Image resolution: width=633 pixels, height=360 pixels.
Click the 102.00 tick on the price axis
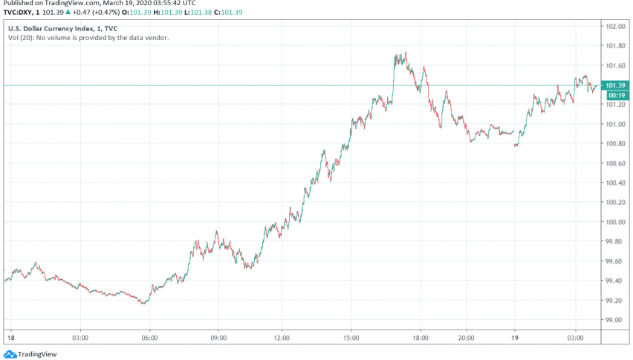(614, 27)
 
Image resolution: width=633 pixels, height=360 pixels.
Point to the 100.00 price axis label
(614, 222)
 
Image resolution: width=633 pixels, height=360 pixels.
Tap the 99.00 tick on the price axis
(614, 320)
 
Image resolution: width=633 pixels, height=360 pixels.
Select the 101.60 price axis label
(614, 66)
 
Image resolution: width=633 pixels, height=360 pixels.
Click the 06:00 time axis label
(149, 338)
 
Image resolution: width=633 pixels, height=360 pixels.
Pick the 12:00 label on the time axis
(282, 338)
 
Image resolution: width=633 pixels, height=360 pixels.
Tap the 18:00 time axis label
(420, 338)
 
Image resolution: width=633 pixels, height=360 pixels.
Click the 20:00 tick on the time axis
(466, 338)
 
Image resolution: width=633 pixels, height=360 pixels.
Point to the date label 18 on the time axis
(10, 338)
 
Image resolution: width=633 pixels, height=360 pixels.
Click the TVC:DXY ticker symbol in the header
(19, 13)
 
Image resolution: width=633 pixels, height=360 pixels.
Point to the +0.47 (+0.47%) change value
(88, 13)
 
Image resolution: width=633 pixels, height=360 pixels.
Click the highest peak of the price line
(405, 53)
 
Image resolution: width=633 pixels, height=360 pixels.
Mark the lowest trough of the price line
(143, 303)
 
